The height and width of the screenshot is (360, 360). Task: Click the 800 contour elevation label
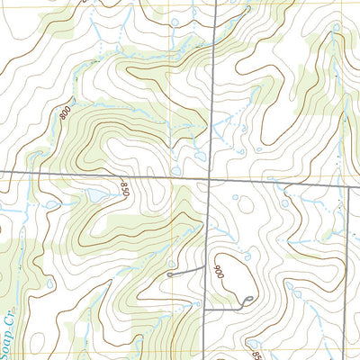click(x=64, y=115)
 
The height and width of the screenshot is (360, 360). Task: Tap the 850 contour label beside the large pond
click(x=124, y=192)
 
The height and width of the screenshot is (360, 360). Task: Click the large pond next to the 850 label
click(x=94, y=195)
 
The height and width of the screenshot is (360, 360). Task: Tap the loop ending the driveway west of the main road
click(x=170, y=273)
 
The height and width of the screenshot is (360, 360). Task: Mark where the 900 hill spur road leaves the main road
click(x=205, y=308)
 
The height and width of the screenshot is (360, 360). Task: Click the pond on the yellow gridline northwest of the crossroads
click(x=176, y=168)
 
